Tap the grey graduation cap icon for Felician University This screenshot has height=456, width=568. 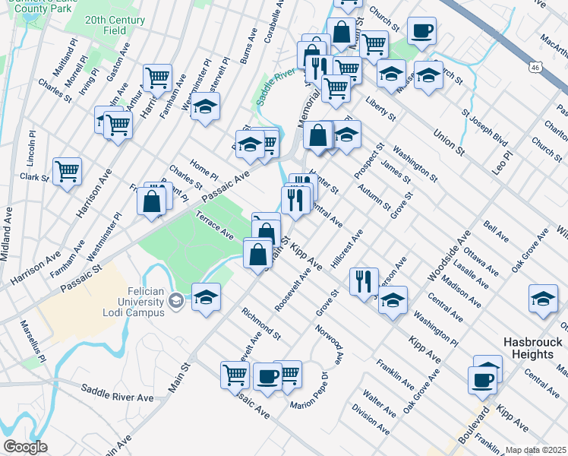[176, 302]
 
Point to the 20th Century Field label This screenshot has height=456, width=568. [115, 24]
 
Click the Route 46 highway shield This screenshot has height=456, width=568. [536, 68]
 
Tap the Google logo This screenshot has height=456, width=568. [25, 447]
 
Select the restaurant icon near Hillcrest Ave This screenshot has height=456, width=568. [364, 280]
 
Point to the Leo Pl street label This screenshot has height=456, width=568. [503, 163]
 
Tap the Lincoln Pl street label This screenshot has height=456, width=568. [32, 149]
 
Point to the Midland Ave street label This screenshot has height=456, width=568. [6, 235]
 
